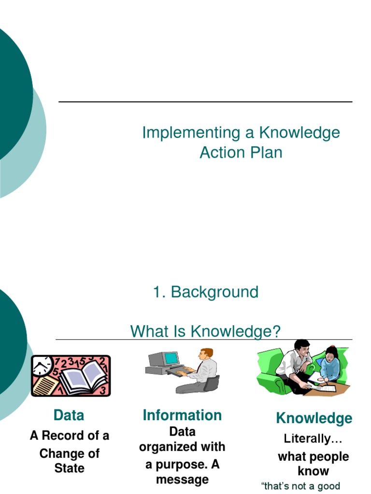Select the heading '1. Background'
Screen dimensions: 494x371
click(x=206, y=292)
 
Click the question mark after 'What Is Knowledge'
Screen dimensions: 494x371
click(x=276, y=331)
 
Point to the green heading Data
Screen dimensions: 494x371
click(x=69, y=415)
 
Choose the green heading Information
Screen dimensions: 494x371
click(x=182, y=415)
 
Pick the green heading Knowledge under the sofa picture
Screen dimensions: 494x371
click(x=314, y=418)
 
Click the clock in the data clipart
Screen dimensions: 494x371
click(x=43, y=366)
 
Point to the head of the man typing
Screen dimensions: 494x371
click(x=206, y=354)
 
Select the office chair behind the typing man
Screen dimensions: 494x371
click(x=211, y=384)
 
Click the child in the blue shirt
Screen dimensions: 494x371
click(x=330, y=364)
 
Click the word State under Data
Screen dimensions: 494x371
click(x=70, y=468)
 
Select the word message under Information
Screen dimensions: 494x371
click(x=182, y=480)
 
